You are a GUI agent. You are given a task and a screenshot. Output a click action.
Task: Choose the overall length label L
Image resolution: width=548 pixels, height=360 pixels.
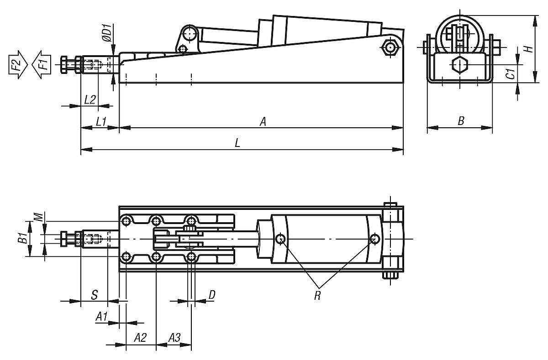(237, 143)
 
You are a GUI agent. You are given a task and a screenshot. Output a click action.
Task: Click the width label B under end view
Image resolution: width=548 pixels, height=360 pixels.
(461, 121)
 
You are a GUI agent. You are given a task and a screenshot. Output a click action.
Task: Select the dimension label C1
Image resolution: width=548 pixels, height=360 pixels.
(511, 73)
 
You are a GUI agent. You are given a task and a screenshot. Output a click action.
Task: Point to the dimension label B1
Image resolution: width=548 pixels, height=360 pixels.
(21, 238)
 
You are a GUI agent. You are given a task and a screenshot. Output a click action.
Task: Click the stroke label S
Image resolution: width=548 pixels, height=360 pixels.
(94, 295)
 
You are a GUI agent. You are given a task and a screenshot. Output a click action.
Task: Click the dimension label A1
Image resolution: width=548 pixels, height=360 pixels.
(102, 316)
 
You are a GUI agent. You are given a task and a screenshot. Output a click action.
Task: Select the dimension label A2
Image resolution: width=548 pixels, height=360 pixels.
(141, 338)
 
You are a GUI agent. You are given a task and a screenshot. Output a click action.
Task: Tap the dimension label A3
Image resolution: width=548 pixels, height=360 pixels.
(174, 338)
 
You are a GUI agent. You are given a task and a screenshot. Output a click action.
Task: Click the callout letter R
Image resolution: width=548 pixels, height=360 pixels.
(317, 295)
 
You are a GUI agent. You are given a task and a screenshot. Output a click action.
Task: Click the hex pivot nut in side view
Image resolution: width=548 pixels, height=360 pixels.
(390, 47)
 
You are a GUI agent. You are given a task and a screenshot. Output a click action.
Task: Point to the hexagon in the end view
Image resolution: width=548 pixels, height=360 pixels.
(458, 65)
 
